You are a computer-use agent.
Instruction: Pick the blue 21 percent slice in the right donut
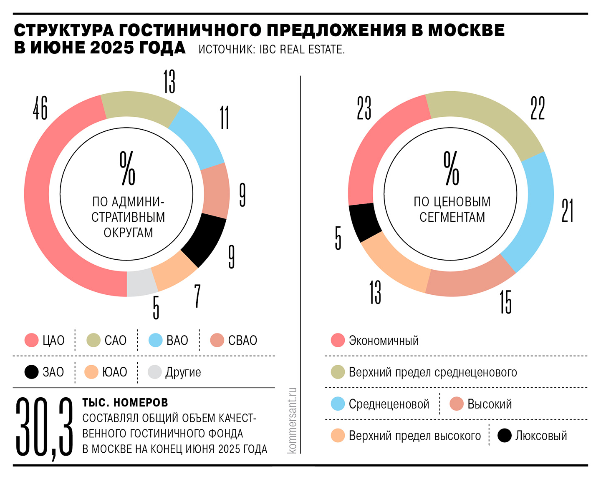[532, 213]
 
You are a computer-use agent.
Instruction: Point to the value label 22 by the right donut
[538, 108]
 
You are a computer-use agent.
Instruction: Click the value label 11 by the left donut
[225, 118]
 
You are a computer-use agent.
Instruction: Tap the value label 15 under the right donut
[505, 302]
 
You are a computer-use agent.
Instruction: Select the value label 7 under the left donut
[197, 296]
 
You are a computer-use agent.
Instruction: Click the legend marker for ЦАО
[32, 340]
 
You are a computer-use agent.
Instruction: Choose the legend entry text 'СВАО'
[242, 341]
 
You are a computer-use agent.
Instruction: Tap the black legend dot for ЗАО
[32, 372]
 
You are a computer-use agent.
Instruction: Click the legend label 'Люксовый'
[541, 436]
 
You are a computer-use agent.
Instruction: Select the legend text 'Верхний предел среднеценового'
[433, 372]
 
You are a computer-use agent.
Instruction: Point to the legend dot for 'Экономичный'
[338, 340]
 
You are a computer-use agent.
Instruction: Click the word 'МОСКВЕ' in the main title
[466, 30]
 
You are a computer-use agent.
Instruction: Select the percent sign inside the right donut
[451, 168]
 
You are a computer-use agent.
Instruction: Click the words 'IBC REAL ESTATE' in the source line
[302, 50]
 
